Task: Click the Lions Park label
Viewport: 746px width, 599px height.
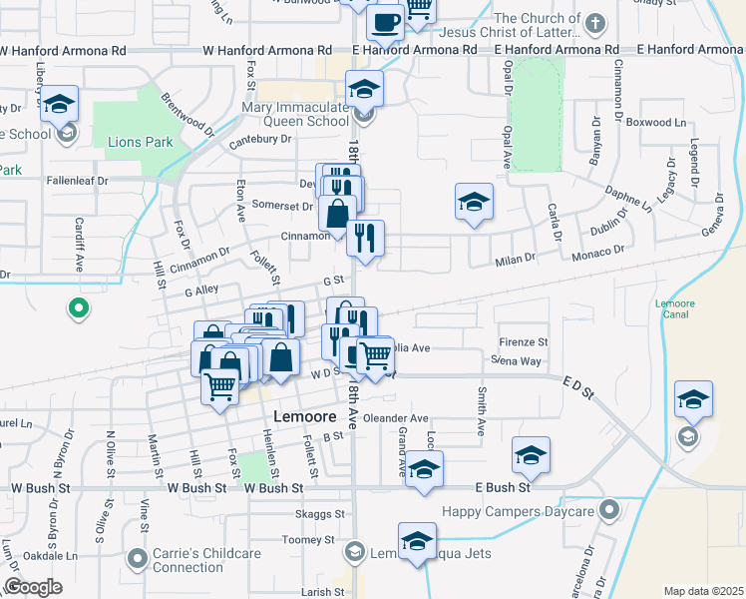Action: pos(140,142)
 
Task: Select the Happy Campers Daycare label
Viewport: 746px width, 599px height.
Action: pos(520,511)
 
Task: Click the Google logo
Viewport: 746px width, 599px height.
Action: pos(33,587)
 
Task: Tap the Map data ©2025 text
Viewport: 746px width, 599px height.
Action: pos(702,590)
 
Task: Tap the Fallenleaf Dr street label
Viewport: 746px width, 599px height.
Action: pos(77,181)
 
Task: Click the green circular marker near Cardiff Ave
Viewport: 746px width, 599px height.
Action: pos(77,309)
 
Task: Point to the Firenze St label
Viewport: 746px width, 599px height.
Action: pos(523,341)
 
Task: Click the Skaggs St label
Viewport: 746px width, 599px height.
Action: pos(319,514)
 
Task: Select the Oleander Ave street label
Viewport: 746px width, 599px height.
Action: pos(396,418)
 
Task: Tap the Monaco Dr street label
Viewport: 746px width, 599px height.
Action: pos(598,255)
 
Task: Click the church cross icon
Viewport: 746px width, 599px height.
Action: pos(594,23)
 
